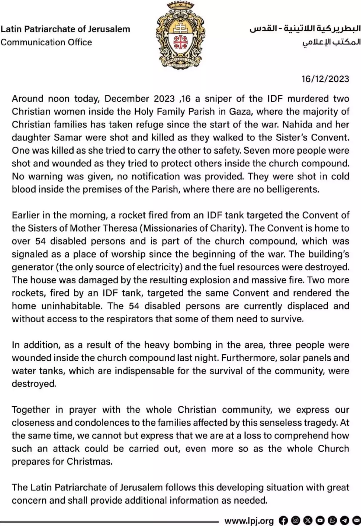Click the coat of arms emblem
coord(180,35)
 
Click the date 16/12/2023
coord(325,79)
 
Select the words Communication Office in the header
coord(46,42)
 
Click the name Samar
coord(68,137)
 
